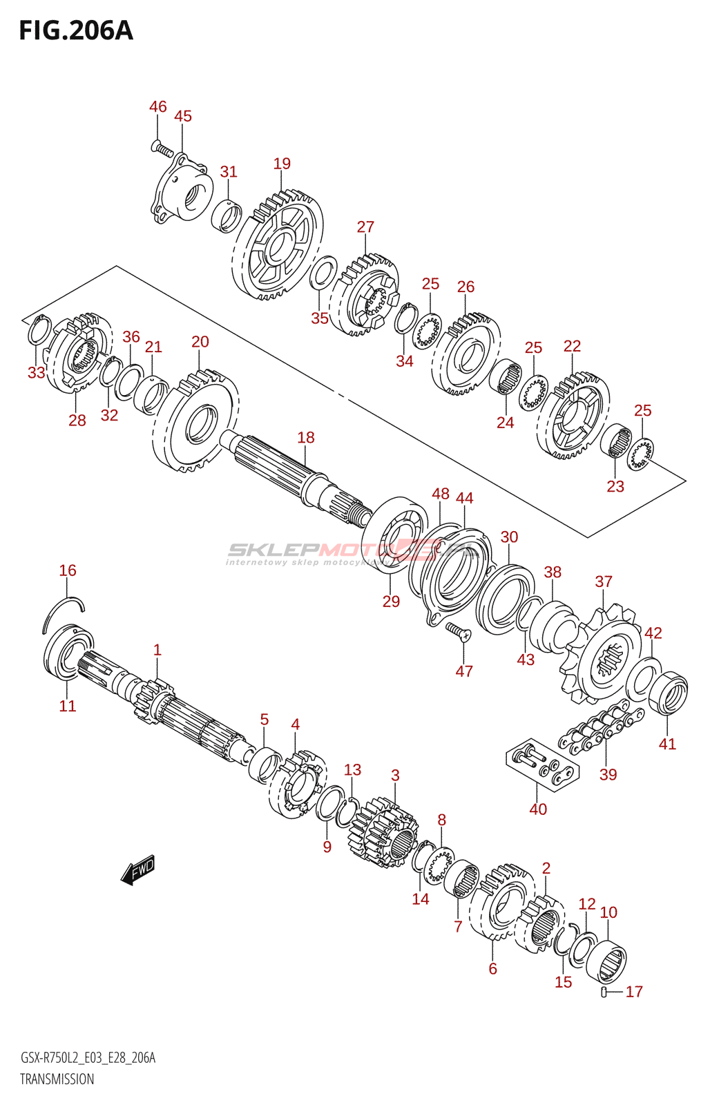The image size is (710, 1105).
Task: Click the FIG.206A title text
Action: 76,30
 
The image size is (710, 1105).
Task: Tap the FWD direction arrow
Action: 138,869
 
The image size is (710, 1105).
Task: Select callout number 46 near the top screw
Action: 158,106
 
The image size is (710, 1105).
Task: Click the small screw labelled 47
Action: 457,630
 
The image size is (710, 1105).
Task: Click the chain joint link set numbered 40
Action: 543,766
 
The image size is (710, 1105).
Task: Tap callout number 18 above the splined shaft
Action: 306,437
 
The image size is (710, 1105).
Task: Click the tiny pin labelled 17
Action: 604,992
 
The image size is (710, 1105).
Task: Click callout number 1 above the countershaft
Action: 157,650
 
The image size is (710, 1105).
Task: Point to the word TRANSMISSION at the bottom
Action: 57,1079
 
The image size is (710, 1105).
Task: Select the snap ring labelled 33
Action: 39,331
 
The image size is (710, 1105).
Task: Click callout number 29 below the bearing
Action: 391,602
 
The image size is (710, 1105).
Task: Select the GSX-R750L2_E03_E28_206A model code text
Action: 88,1058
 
